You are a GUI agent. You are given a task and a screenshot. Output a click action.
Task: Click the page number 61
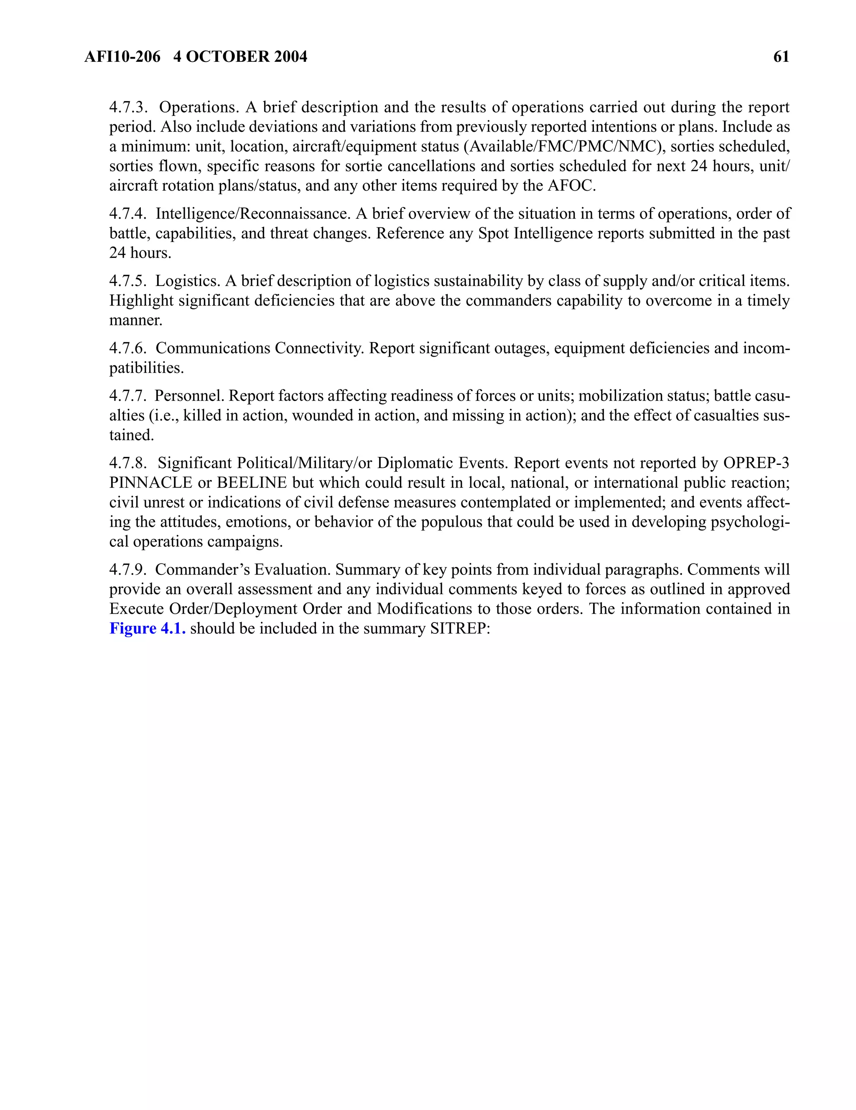[781, 56]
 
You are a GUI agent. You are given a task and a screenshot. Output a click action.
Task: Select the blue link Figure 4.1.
[147, 628]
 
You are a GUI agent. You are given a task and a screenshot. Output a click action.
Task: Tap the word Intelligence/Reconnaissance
[252, 214]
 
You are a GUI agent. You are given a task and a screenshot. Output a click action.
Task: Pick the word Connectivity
[319, 348]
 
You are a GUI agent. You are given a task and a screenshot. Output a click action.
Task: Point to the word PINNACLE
[150, 482]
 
